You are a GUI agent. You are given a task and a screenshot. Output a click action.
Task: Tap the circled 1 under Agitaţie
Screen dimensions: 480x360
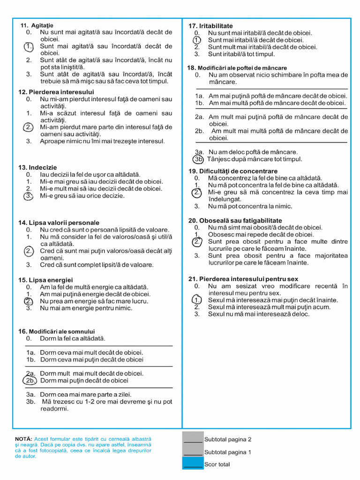point(29,46)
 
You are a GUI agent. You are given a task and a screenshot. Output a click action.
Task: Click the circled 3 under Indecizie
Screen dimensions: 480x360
point(29,195)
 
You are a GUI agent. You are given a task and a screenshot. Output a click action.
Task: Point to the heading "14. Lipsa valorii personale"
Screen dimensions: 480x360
point(59,223)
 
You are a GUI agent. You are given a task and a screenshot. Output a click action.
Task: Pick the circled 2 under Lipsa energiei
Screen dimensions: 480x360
point(29,301)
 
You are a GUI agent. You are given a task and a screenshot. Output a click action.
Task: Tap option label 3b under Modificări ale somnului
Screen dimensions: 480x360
point(31,402)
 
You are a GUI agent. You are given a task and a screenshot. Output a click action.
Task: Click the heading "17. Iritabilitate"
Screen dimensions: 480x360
point(210,26)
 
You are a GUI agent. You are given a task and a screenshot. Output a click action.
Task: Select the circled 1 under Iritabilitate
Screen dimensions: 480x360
point(197,40)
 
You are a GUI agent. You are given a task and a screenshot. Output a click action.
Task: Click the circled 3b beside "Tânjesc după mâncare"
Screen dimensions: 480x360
point(199,159)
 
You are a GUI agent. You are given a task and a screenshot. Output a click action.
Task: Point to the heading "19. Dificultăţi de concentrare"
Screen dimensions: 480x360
point(233,171)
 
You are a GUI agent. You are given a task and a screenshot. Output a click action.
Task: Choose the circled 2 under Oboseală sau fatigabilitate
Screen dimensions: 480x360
point(197,242)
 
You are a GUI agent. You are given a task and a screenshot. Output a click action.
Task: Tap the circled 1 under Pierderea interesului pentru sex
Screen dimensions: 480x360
point(197,300)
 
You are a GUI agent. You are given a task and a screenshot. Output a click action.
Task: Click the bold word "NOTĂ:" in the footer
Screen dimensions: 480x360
point(23,439)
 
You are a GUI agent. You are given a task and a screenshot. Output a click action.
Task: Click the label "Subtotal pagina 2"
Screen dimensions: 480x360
point(228,440)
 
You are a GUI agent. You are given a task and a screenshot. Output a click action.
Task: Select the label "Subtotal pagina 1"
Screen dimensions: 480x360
point(228,452)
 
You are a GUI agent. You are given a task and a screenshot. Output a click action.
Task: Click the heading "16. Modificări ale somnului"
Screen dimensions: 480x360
point(57,331)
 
